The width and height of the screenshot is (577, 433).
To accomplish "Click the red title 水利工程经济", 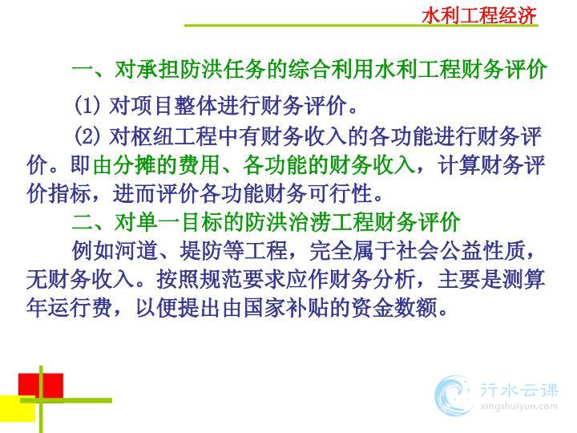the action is (x=479, y=16).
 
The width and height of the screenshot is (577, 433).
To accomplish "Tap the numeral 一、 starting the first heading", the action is (x=91, y=69).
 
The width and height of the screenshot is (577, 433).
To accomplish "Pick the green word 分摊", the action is (x=114, y=164).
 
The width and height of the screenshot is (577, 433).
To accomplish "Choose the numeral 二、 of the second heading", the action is (x=91, y=222).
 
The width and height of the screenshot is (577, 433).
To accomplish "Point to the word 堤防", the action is (x=201, y=251).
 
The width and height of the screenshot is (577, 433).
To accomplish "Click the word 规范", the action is (x=220, y=280).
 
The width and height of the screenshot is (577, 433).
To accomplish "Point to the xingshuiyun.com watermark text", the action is (x=518, y=407).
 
